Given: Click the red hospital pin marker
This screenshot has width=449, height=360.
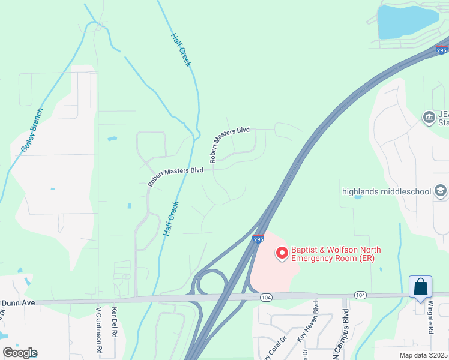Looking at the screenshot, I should click(281, 254).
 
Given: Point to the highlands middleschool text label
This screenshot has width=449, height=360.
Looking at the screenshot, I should click(386, 191).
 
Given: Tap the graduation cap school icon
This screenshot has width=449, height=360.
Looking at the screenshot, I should click(441, 191).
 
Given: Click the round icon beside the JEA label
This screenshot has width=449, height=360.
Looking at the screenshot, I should click(429, 116).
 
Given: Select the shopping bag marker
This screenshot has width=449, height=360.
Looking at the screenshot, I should click(421, 287).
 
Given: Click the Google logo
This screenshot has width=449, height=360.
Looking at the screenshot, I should click(20, 353).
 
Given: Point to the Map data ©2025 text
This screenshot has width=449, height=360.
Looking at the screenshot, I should click(423, 355).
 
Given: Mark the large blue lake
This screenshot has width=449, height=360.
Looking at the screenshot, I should click(405, 22).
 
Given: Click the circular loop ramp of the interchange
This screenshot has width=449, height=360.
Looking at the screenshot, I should click(210, 281).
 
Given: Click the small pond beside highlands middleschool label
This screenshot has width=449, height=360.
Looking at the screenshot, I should click(358, 197).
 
